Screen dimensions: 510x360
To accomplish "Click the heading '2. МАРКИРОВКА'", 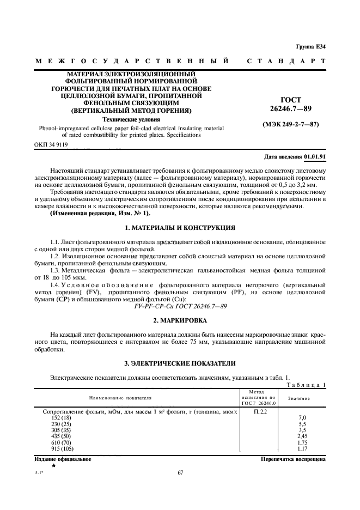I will click(x=180, y=321).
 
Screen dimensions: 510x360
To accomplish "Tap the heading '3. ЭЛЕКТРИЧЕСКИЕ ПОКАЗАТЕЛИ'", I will click(x=180, y=363).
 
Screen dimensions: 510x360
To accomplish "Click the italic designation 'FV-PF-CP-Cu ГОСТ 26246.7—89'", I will click(x=180, y=307).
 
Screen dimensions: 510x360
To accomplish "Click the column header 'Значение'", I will click(x=299, y=398).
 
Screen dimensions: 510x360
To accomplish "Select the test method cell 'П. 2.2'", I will click(x=260, y=411).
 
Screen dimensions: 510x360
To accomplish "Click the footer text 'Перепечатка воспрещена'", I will click(x=294, y=459).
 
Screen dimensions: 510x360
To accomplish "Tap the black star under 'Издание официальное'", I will click(x=53, y=467).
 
